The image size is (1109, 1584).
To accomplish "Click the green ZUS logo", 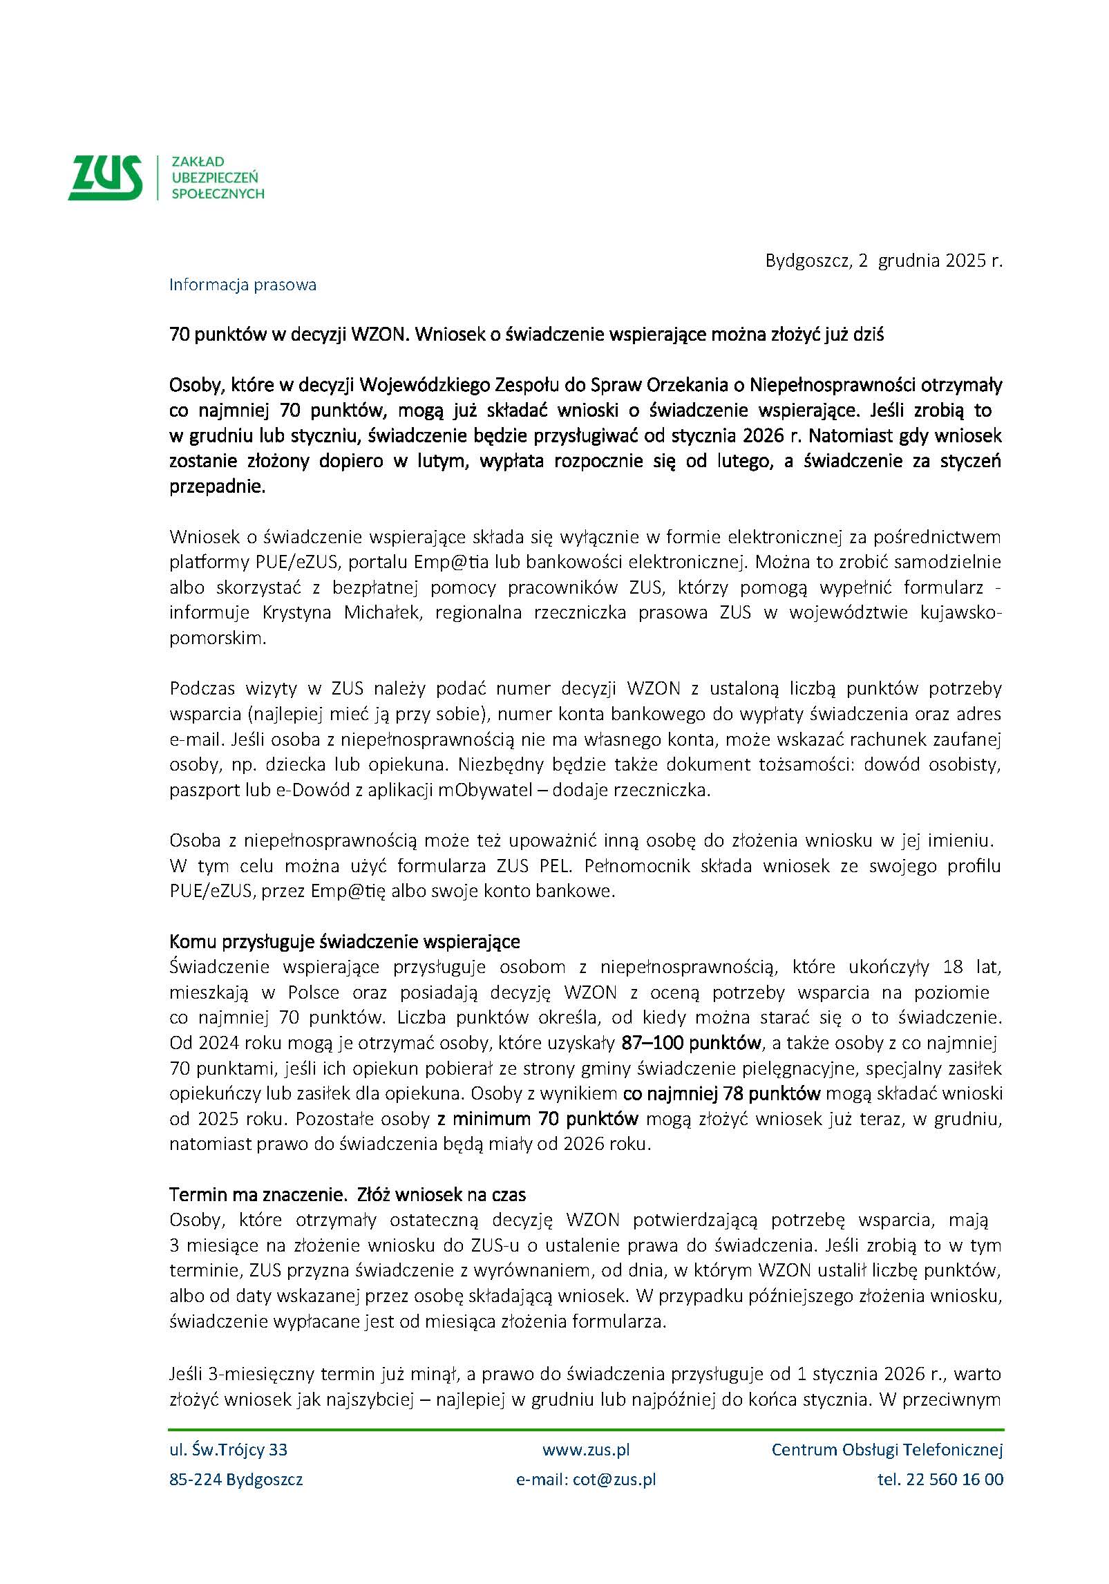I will point(105,178).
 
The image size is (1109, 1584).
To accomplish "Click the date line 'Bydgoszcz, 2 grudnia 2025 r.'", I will point(883,261).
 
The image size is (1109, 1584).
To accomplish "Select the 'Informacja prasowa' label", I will point(243,285).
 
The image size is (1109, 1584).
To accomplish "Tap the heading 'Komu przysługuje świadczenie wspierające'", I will point(344,941).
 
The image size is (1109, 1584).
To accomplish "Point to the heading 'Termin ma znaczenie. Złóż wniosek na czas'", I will point(348,1194).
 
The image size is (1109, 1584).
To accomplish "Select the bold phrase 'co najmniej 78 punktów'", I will point(721,1093).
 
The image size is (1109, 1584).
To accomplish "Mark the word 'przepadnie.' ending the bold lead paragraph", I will point(217,487).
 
